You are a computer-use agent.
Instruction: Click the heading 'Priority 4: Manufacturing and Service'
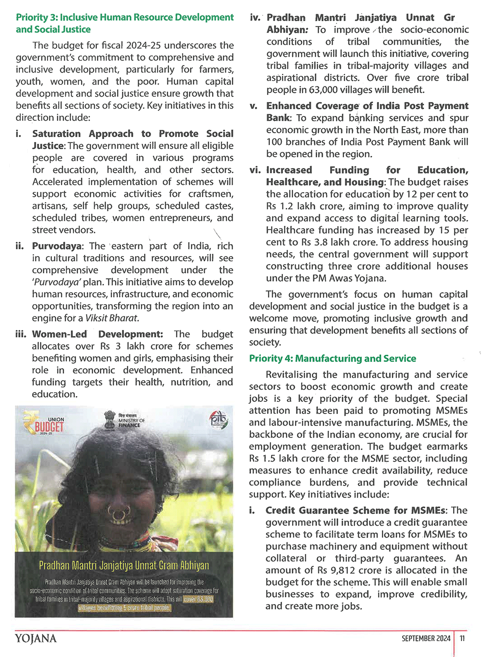pyautogui.click(x=333, y=359)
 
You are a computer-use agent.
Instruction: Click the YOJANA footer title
pyautogui.click(x=36, y=639)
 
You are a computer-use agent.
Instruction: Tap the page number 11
pyautogui.click(x=462, y=639)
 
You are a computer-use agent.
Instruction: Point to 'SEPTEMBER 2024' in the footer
pyautogui.click(x=426, y=639)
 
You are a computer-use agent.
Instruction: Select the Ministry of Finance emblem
pyautogui.click(x=124, y=420)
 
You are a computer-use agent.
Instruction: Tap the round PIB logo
pyautogui.click(x=218, y=420)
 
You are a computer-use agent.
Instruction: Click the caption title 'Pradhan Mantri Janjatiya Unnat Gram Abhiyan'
pyautogui.click(x=124, y=566)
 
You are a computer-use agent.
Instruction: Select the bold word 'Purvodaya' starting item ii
pyautogui.click(x=57, y=246)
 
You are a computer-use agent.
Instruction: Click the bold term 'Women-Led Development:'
pyautogui.click(x=97, y=334)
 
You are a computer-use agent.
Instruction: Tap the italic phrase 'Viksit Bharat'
pyautogui.click(x=111, y=318)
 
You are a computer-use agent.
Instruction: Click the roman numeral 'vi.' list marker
pyautogui.click(x=255, y=170)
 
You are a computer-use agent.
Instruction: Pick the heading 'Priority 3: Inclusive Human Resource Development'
pyautogui.click(x=125, y=17)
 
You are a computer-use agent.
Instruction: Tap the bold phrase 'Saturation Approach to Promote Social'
pyautogui.click(x=133, y=134)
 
